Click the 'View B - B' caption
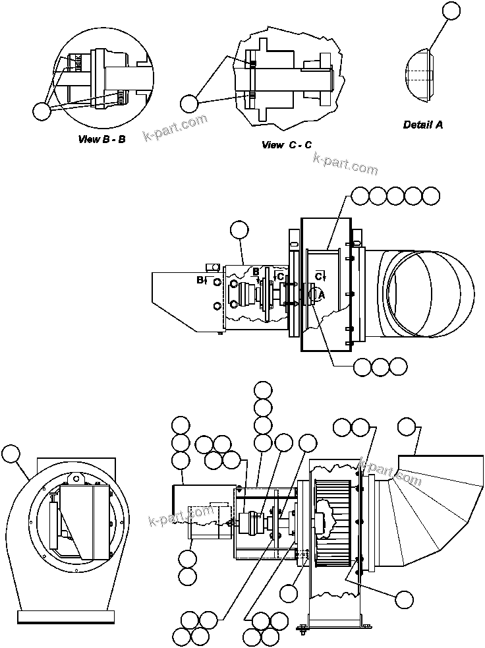tap(101, 139)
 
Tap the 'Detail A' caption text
tap(422, 124)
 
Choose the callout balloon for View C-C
tap(190, 103)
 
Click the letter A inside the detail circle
tap(321, 296)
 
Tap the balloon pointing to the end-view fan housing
tap(11, 454)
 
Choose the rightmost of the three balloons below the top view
tap(398, 366)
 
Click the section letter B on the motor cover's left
tap(199, 280)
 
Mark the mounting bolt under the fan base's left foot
tap(303, 630)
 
